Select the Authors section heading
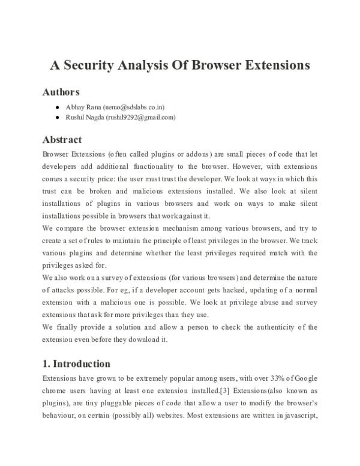click(x=61, y=92)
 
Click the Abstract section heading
click(x=62, y=139)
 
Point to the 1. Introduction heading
click(x=76, y=363)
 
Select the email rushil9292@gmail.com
click(x=141, y=117)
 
